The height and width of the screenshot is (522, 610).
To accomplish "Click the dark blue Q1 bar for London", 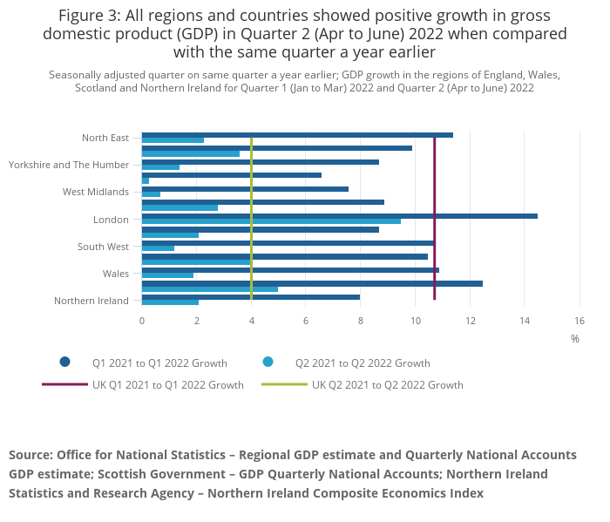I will click(339, 216).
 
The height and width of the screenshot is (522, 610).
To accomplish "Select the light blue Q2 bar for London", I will click(271, 221).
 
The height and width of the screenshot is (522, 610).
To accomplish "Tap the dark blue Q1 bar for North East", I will click(297, 134).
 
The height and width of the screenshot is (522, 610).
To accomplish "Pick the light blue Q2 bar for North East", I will click(173, 139).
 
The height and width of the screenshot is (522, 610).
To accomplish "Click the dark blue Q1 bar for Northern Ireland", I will click(250, 297).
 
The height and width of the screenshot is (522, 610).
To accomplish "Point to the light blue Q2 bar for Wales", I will click(167, 275).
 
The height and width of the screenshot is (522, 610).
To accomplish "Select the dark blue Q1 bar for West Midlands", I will click(245, 189).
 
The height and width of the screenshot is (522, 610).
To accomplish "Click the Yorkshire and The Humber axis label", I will click(69, 165).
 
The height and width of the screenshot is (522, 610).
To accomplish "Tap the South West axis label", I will click(103, 247).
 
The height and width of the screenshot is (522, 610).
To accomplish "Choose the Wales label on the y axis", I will click(115, 274).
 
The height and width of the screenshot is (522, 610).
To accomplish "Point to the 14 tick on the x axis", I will click(524, 321).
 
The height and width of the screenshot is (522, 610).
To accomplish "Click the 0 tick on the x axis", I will click(142, 321).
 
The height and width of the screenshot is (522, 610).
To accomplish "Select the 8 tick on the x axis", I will click(360, 321).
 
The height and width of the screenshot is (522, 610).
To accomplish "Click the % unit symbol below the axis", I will click(575, 339).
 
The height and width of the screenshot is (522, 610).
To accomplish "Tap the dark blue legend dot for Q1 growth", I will click(64, 363).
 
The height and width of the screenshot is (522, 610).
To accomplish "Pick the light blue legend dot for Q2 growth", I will click(268, 363).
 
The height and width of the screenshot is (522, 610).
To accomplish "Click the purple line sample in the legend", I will click(64, 384).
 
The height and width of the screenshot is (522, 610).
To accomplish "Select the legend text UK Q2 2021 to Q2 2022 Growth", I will click(388, 384).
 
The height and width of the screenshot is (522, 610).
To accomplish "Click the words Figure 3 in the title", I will click(91, 15).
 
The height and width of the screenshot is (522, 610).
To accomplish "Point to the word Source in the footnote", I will click(30, 455).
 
